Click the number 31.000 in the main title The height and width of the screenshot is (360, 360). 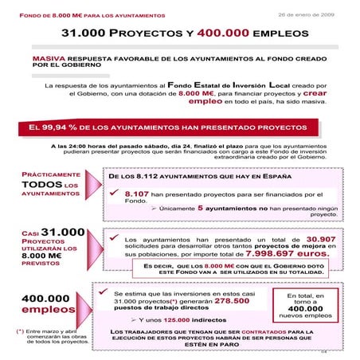[85, 37]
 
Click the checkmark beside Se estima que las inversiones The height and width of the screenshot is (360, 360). [117, 292]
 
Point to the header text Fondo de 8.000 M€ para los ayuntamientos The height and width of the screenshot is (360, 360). [80, 15]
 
